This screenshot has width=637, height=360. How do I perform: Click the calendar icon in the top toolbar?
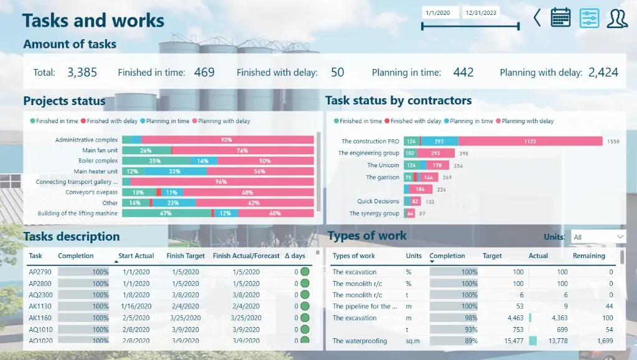[x=560, y=17]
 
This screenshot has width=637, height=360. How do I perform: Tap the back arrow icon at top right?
[x=537, y=17]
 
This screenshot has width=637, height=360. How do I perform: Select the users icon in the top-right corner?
[x=617, y=18]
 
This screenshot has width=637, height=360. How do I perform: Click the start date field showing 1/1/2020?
[x=440, y=12]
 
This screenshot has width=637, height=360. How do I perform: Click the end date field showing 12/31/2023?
[x=481, y=12]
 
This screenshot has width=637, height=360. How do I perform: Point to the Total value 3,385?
[x=82, y=72]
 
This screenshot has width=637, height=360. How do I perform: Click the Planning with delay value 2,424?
[x=603, y=72]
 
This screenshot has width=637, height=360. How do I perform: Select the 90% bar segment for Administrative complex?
[x=227, y=140]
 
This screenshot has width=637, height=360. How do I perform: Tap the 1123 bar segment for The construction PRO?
[x=530, y=141]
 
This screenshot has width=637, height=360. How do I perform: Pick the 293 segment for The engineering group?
[x=434, y=153]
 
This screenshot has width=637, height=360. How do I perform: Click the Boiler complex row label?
[x=98, y=160]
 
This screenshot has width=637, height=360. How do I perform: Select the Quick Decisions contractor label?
[x=378, y=201]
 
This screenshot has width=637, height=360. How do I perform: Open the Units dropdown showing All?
[x=598, y=237]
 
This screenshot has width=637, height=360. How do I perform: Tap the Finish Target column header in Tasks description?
[x=186, y=256]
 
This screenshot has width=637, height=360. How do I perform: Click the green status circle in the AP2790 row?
[x=305, y=272]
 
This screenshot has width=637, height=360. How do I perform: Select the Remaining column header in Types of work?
[x=588, y=256]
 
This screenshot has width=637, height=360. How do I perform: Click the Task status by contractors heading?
[x=398, y=101]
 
